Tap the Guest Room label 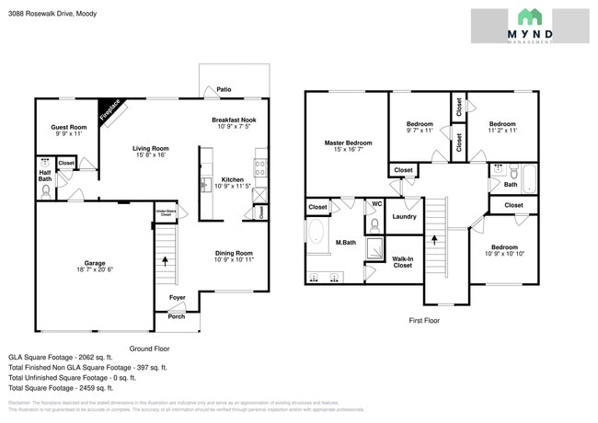68,127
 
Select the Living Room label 150,148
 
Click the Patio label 224,90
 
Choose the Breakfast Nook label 234,120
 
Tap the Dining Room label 234,253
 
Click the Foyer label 177,297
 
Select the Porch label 176,316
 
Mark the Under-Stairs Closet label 165,212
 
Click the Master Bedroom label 348,143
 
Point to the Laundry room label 405,217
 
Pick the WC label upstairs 377,204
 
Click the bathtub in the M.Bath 316,235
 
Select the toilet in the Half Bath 46,192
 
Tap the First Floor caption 425,320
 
